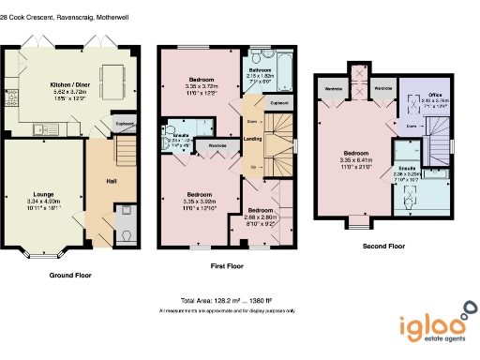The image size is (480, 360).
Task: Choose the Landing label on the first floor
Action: (253, 141)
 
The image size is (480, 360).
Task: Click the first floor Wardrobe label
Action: (216, 146)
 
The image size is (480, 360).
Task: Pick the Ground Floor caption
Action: (70, 277)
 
